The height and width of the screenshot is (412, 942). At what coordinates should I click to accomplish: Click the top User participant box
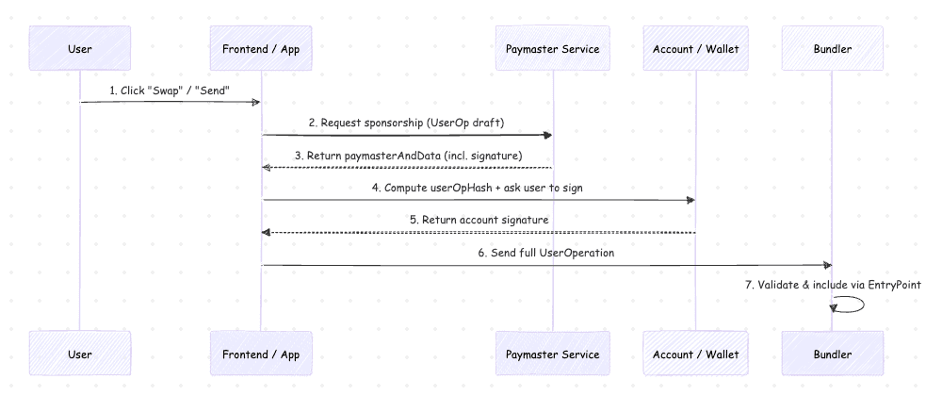pyautogui.click(x=80, y=48)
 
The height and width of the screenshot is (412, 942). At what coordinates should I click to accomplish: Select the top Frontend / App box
pyautogui.click(x=261, y=48)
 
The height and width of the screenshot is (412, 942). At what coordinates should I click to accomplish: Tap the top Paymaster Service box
pyautogui.click(x=552, y=48)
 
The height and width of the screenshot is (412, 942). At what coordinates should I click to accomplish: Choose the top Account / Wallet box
pyautogui.click(x=695, y=48)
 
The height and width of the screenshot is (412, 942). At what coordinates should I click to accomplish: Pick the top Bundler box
pyautogui.click(x=832, y=48)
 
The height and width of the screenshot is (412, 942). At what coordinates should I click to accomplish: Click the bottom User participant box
pyautogui.click(x=80, y=354)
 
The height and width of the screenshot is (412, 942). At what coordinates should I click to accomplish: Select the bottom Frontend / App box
pyautogui.click(x=261, y=354)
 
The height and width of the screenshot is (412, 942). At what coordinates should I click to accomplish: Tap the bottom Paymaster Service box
pyautogui.click(x=552, y=354)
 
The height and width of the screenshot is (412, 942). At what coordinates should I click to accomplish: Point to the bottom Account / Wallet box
pyautogui.click(x=695, y=354)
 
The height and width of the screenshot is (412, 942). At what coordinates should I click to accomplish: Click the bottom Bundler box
pyautogui.click(x=832, y=354)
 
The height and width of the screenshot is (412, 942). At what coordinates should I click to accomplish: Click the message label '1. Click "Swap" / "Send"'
pyautogui.click(x=171, y=90)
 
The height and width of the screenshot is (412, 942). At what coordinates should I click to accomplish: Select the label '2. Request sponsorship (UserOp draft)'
pyautogui.click(x=406, y=123)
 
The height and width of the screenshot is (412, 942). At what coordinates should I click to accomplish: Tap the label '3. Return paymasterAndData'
pyautogui.click(x=408, y=155)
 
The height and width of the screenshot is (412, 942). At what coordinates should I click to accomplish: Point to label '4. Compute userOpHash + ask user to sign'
pyautogui.click(x=478, y=188)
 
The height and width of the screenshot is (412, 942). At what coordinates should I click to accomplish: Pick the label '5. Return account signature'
pyautogui.click(x=479, y=220)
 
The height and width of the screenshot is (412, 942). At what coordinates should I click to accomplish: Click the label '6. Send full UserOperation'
pyautogui.click(x=546, y=253)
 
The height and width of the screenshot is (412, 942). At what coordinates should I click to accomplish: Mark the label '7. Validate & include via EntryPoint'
pyautogui.click(x=833, y=285)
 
